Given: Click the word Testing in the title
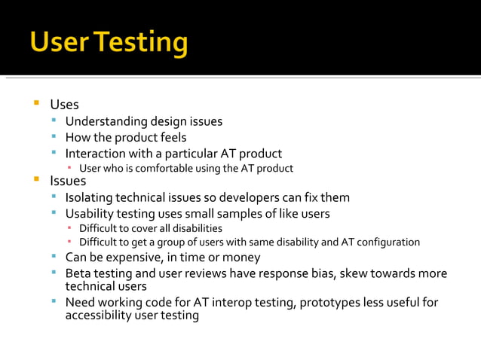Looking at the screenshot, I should (x=140, y=43).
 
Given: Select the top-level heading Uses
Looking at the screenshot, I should (x=64, y=105).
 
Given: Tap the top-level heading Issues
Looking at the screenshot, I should (x=68, y=181).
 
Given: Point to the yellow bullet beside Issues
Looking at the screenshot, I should (x=35, y=180).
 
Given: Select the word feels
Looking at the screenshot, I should (x=172, y=137).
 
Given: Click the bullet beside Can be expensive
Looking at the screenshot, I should (x=54, y=257).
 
